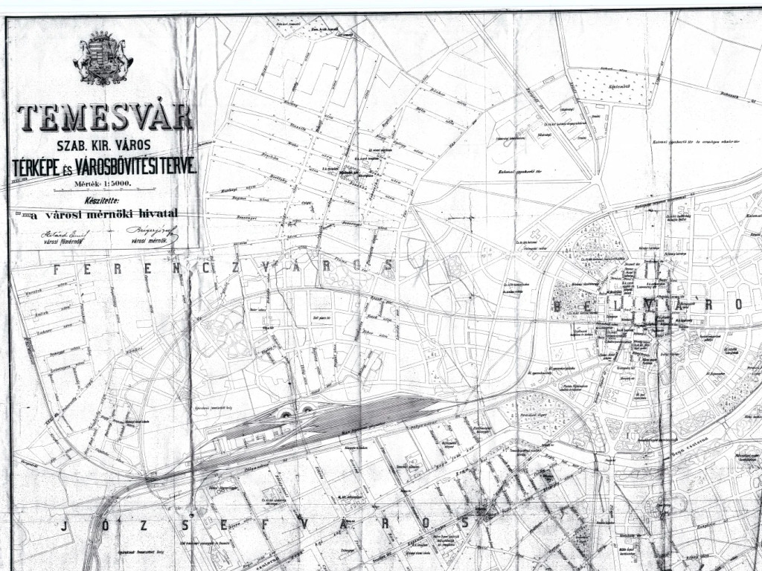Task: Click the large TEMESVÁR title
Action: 103,117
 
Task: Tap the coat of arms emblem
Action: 103,58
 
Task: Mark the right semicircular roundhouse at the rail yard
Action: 307,408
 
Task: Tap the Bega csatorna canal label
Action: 711,444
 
